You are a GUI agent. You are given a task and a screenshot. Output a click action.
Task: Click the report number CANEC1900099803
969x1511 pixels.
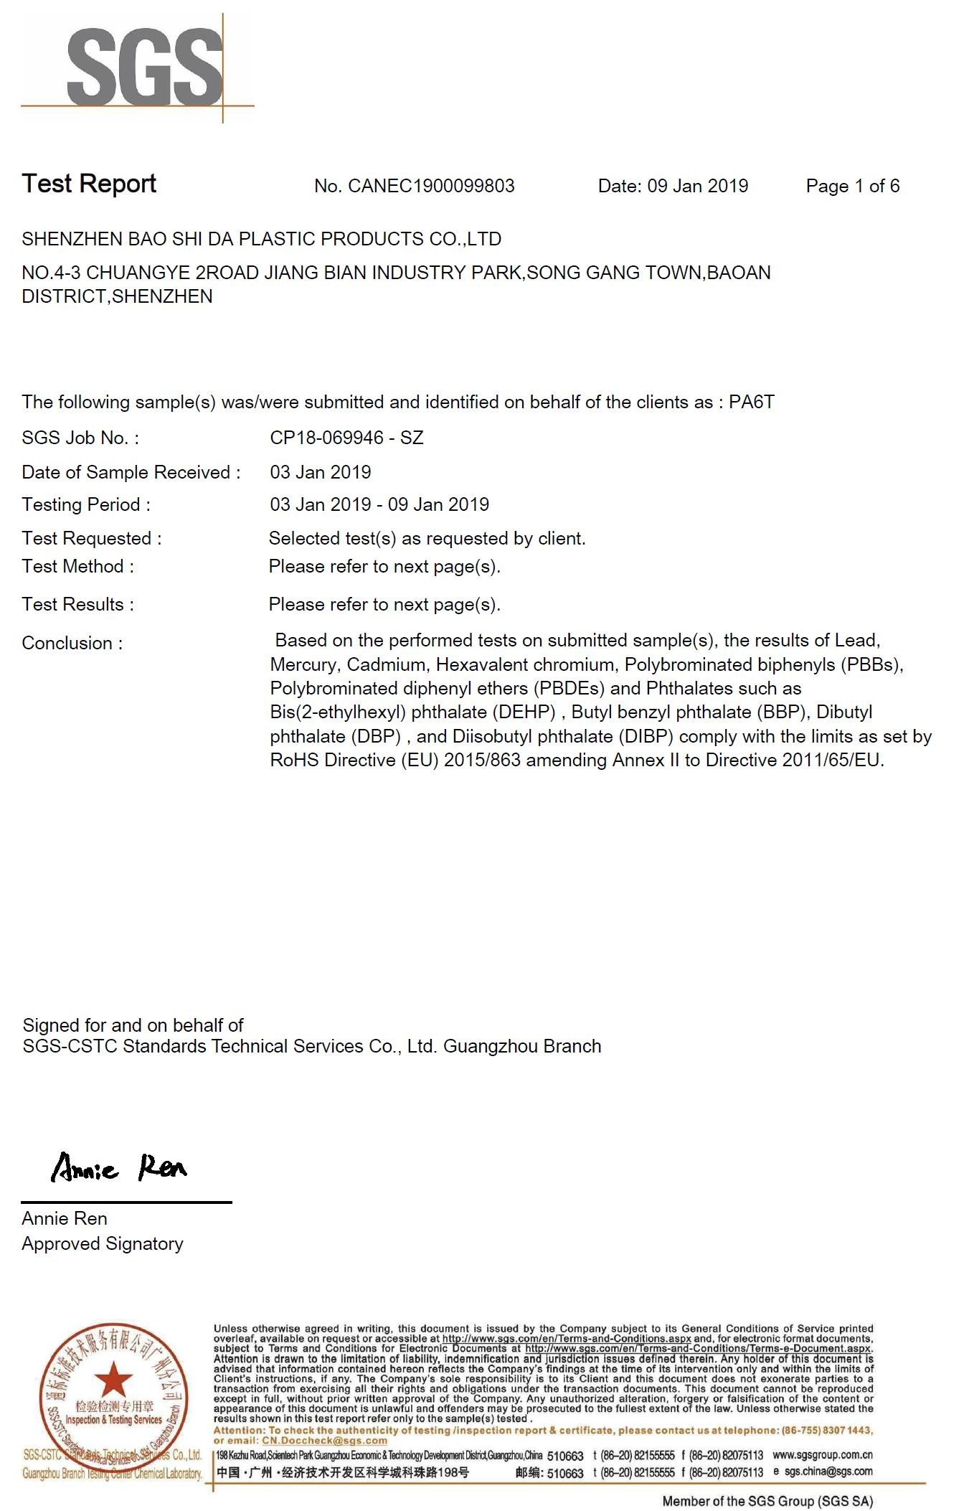(431, 187)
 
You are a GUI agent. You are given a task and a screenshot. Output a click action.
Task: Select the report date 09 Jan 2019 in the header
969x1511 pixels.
(697, 187)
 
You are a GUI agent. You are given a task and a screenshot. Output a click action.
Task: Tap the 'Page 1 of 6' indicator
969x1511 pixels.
(852, 187)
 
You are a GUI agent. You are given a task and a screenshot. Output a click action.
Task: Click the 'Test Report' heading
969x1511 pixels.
(89, 184)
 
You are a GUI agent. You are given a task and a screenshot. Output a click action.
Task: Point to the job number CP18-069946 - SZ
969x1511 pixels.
(346, 438)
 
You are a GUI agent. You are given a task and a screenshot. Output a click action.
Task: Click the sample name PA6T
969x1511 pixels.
(751, 402)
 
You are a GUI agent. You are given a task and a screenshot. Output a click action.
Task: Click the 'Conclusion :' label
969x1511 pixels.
(72, 643)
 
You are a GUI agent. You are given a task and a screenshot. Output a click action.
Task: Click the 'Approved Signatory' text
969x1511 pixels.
(103, 1243)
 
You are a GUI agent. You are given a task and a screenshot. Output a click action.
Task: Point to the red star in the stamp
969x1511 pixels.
(113, 1380)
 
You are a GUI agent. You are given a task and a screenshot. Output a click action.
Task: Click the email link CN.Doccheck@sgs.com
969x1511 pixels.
(324, 1440)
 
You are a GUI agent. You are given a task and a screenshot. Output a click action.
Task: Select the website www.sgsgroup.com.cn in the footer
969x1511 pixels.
(822, 1454)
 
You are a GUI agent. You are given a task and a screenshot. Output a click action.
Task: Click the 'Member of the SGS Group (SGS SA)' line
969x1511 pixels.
(767, 1500)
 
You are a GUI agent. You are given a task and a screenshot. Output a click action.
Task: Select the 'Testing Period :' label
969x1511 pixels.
(86, 504)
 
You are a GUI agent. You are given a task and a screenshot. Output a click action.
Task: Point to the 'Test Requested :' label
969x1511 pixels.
(92, 538)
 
